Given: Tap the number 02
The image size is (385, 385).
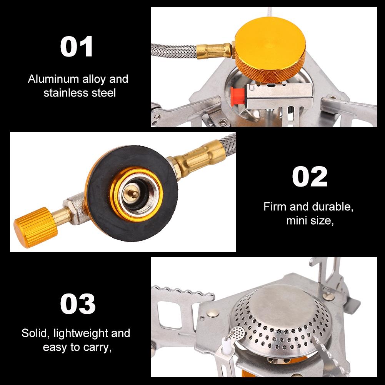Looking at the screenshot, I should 309,177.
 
